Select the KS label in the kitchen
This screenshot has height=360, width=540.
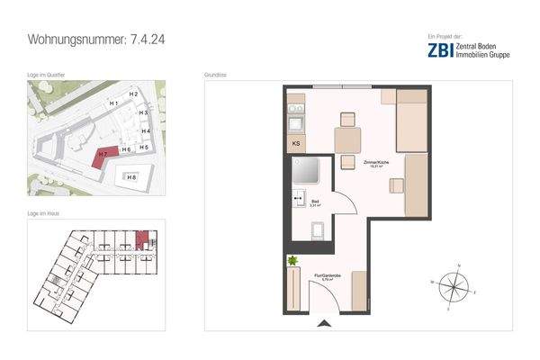[x=295, y=144]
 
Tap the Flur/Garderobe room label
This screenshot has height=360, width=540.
[x=323, y=278]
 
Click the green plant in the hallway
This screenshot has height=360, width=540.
[x=292, y=261]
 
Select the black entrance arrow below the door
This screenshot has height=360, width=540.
[x=324, y=325]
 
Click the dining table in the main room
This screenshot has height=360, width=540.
[x=347, y=140]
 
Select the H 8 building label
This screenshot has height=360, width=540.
[x=131, y=177]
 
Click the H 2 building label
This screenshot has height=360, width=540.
[x=132, y=94]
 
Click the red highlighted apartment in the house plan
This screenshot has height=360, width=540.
[x=140, y=240]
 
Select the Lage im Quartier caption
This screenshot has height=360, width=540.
[x=45, y=76]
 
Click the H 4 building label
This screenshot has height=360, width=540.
[x=144, y=131]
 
